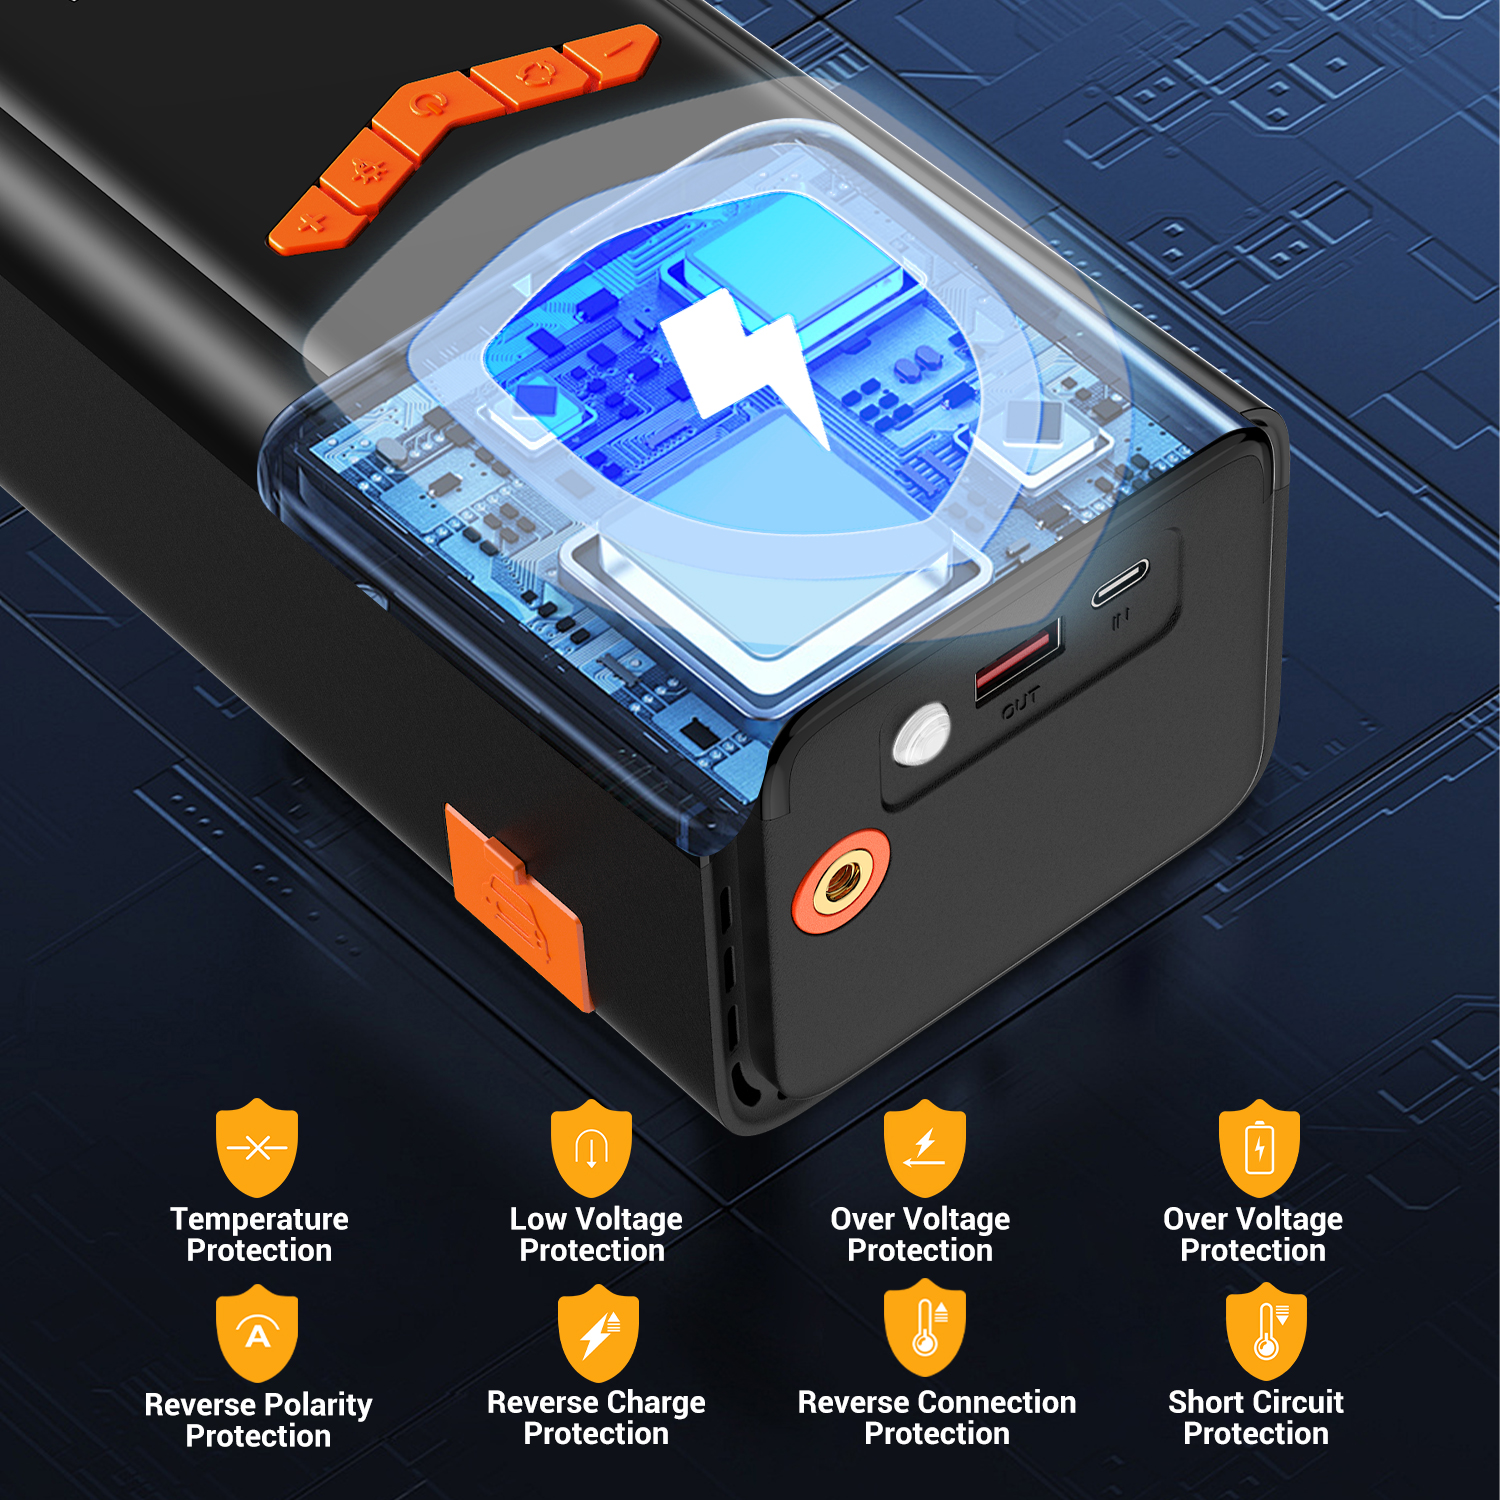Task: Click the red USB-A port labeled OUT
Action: tap(1018, 657)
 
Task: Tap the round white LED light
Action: tap(921, 735)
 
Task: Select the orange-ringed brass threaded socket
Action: tap(841, 881)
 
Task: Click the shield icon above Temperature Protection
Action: tap(257, 1147)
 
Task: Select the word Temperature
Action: tap(259, 1219)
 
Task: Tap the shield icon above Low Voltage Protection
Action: tap(591, 1148)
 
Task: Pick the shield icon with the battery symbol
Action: tap(1259, 1148)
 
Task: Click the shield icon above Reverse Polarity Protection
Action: tap(257, 1333)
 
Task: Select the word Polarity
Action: tap(313, 1405)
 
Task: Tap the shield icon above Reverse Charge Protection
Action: tap(597, 1333)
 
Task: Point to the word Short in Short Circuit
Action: tap(1207, 1402)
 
